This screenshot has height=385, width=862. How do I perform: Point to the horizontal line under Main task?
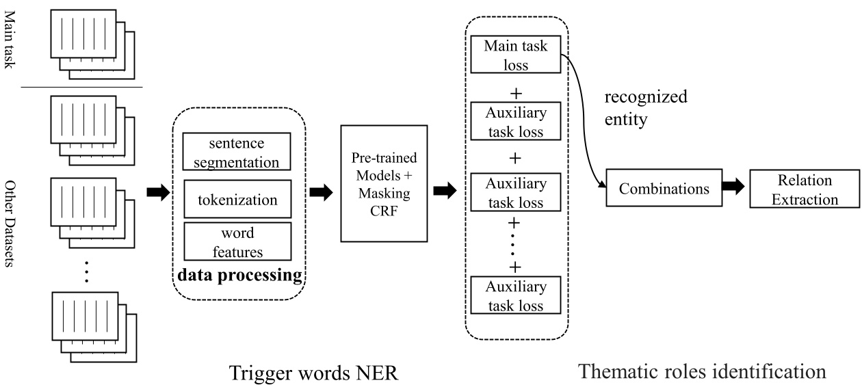pyautogui.click(x=81, y=88)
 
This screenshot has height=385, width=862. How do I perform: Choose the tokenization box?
pyautogui.click(x=237, y=200)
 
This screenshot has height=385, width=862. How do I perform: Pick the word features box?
pyautogui.click(x=237, y=242)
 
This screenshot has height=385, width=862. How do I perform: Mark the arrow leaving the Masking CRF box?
pyautogui.click(x=445, y=192)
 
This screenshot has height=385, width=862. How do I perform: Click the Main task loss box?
pyautogui.click(x=516, y=55)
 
